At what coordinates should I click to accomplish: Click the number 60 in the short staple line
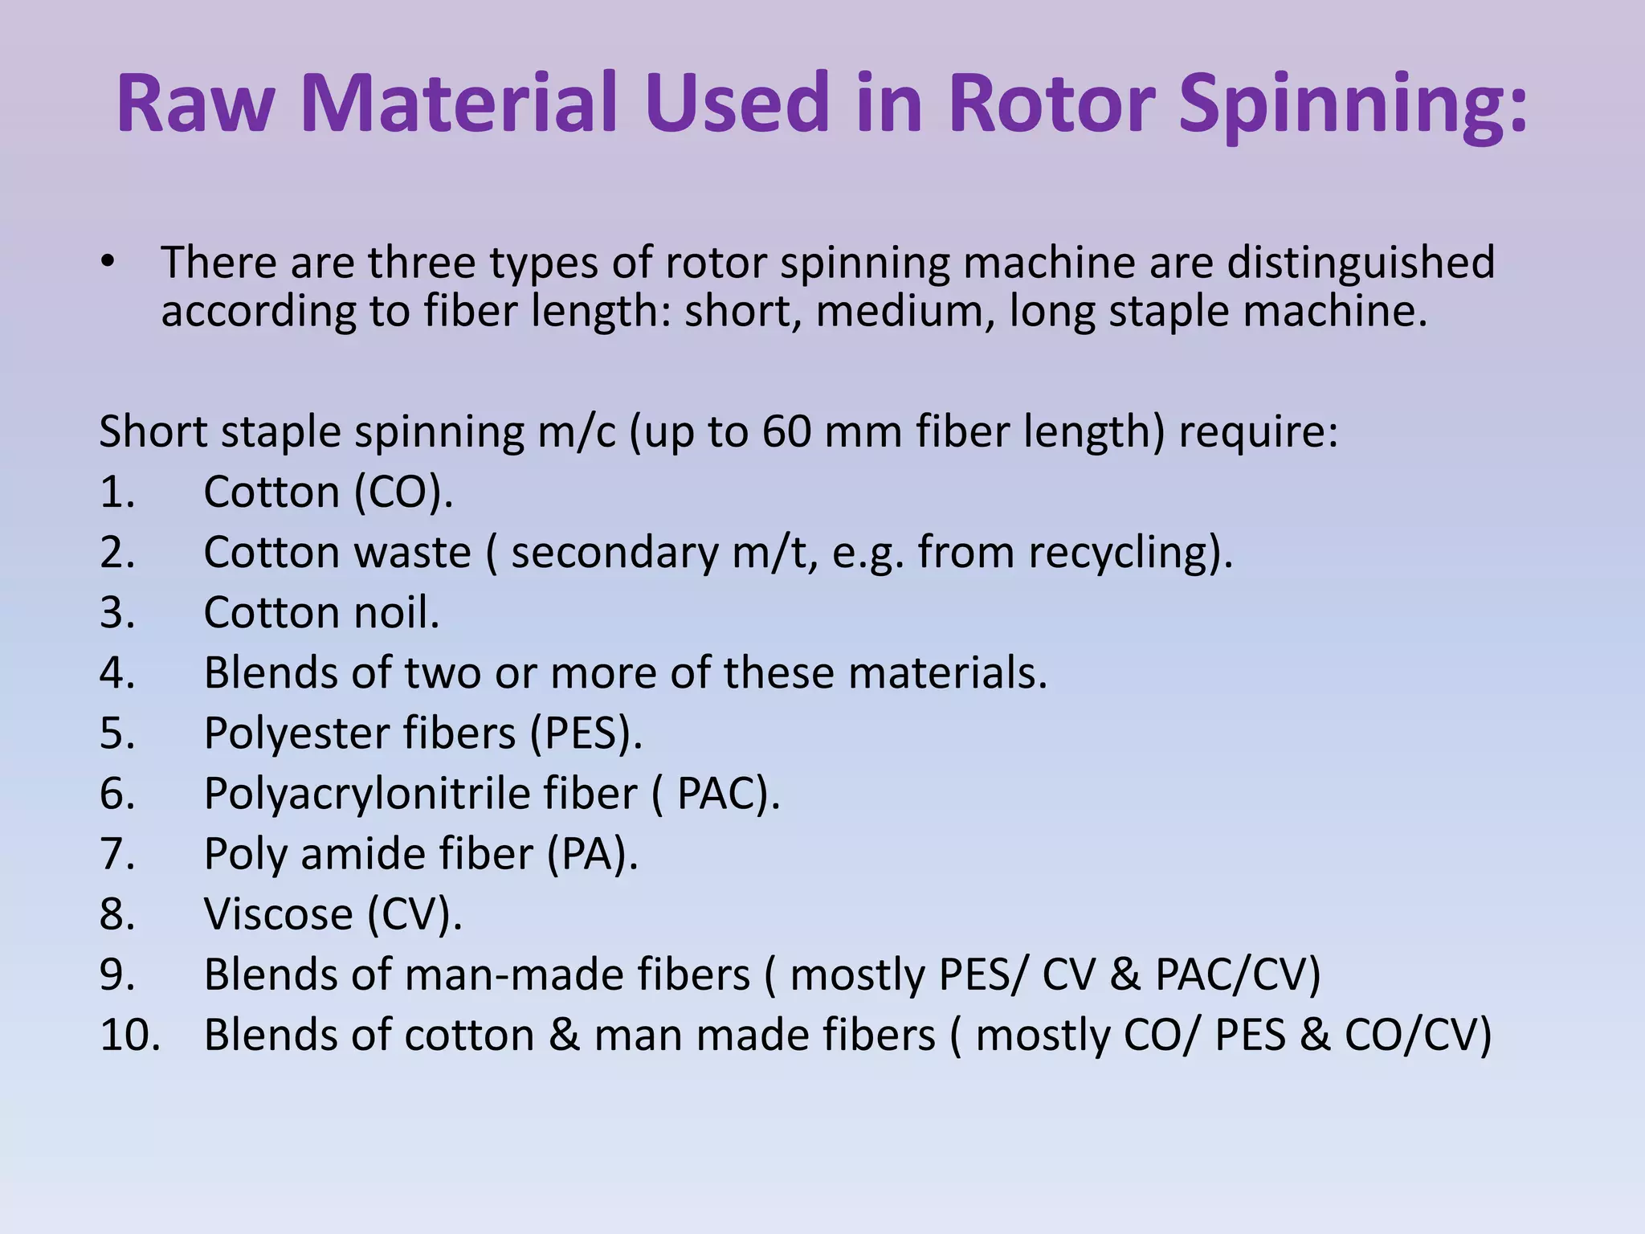pyautogui.click(x=786, y=431)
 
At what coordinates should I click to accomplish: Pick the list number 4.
pyautogui.click(x=117, y=673)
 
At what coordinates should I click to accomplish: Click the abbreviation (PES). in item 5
pyautogui.click(x=586, y=733)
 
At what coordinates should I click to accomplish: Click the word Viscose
pyautogui.click(x=278, y=914)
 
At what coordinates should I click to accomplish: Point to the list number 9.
pyautogui.click(x=117, y=975)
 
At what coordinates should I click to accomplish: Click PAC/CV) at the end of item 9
pyautogui.click(x=1238, y=975)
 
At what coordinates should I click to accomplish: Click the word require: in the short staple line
pyautogui.click(x=1259, y=431)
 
